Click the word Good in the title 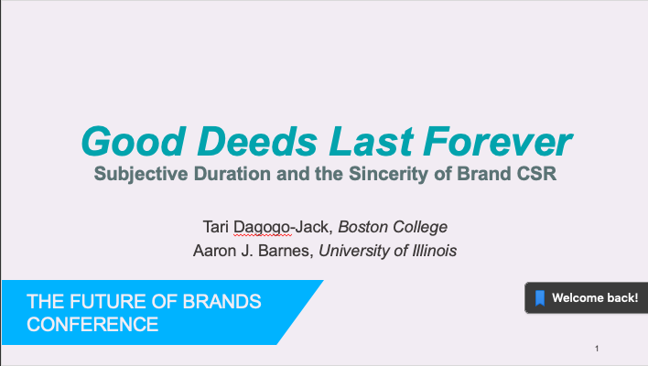tap(134, 141)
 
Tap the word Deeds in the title tap(257, 141)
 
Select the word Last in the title tap(371, 141)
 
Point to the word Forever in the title tap(498, 141)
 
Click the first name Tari tap(216, 227)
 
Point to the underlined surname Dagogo tap(262, 228)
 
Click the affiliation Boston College tap(393, 227)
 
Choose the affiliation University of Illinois tap(388, 251)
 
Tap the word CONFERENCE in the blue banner tap(92, 324)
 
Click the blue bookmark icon tap(540, 298)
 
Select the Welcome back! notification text tap(595, 298)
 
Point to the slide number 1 tap(597, 349)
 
